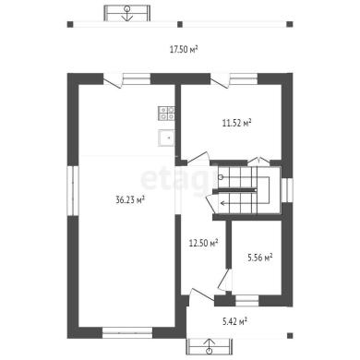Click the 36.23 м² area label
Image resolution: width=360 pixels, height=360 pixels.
130,200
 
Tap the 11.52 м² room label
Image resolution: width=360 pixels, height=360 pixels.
237,123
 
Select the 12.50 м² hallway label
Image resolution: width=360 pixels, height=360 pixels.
203,244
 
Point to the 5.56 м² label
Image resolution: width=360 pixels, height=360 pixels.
260,258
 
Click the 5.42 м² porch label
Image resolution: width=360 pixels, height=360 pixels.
234,322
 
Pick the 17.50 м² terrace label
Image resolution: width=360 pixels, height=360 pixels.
184,49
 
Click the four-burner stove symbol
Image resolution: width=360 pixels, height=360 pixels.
166,113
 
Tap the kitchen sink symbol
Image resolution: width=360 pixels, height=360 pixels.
166,138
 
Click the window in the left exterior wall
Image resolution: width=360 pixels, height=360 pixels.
73,191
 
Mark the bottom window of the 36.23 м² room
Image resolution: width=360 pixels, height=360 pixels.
127,333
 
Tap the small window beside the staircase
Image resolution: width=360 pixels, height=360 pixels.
287,190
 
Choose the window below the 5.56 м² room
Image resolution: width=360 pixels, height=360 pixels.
246,301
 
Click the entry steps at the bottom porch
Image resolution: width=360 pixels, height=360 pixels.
210,346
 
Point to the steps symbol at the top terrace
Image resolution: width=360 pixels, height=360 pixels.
126,13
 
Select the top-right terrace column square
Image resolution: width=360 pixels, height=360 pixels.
290,24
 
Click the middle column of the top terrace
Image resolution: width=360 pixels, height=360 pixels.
180,24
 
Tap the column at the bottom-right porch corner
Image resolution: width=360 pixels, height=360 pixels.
290,335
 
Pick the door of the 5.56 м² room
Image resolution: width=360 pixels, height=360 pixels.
223,280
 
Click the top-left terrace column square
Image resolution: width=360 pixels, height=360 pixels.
70,24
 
